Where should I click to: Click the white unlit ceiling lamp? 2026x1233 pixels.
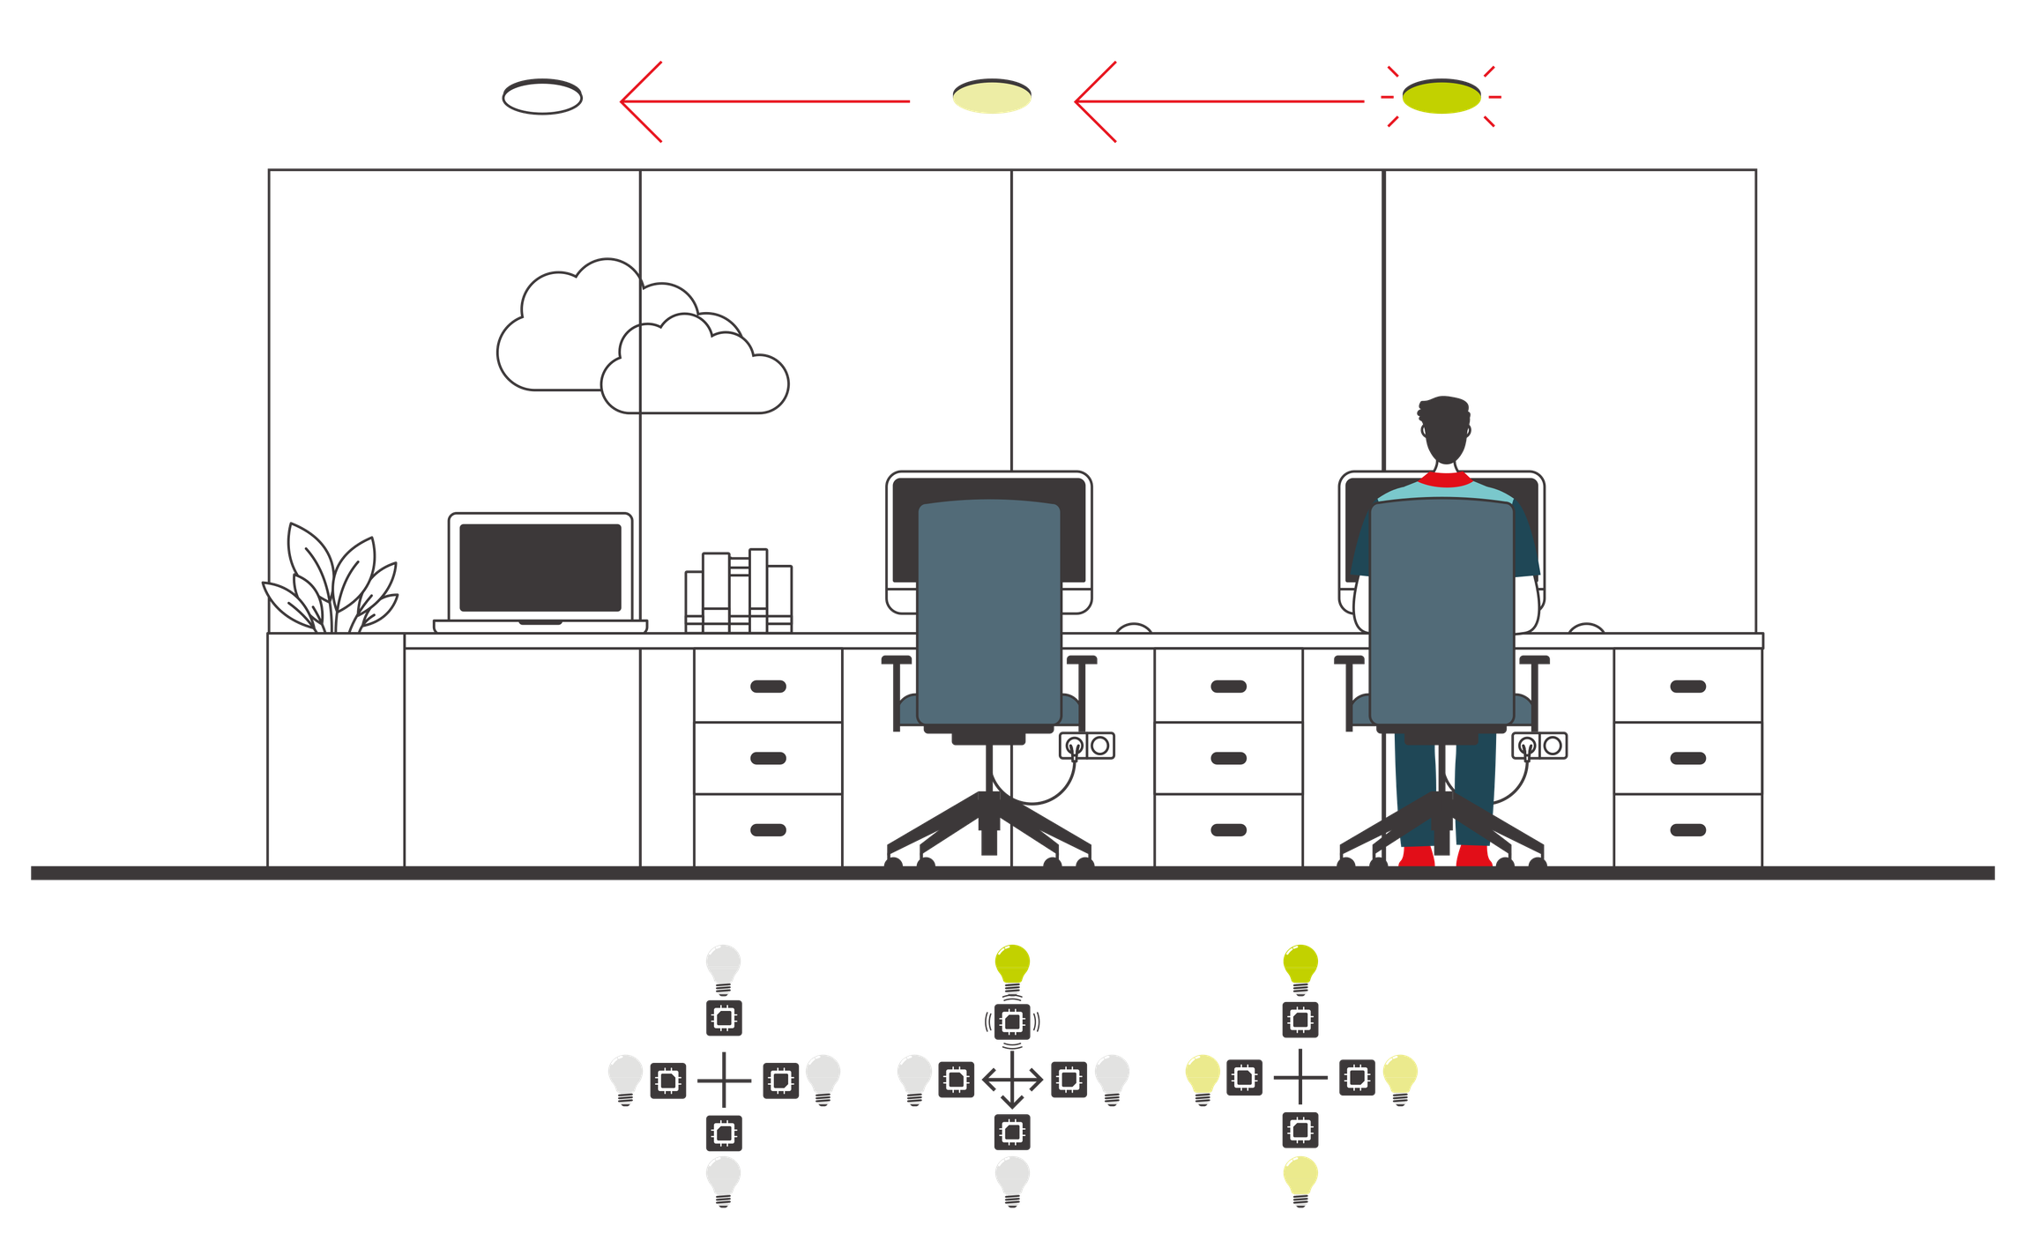[541, 97]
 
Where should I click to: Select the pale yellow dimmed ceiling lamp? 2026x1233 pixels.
[991, 97]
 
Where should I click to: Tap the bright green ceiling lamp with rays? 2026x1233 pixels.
[1441, 97]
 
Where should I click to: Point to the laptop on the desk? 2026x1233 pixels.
[540, 568]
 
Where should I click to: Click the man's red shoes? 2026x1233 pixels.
[1446, 856]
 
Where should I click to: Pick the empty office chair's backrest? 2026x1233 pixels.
[988, 608]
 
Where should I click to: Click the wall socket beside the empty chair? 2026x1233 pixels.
[1086, 746]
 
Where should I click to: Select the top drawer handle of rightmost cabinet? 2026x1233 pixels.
[1687, 687]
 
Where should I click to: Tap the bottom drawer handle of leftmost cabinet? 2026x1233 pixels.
[767, 829]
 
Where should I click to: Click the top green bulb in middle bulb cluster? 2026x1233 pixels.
[1012, 965]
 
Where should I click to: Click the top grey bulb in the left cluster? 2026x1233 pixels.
[724, 966]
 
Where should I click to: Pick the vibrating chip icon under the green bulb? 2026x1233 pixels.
[1012, 1021]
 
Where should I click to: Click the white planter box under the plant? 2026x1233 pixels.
[336, 749]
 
